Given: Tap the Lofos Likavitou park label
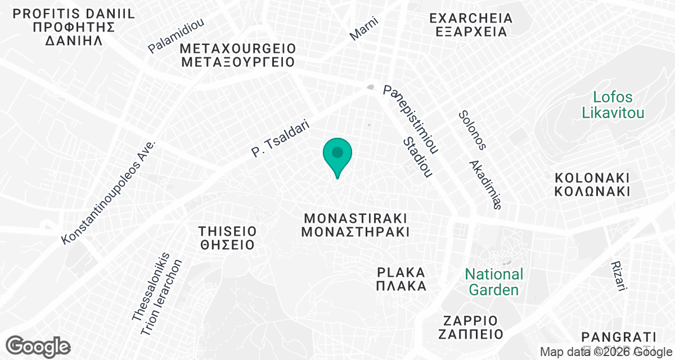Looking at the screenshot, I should [613, 105].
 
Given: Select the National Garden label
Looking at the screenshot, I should [494, 282].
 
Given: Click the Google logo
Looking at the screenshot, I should [38, 345].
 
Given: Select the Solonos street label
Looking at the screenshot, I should [471, 129].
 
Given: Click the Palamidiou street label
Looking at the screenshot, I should [176, 35].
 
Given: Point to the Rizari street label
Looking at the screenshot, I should [618, 276].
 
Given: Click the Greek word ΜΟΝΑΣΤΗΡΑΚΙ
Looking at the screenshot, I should [354, 231].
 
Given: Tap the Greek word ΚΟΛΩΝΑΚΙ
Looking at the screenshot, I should [591, 191].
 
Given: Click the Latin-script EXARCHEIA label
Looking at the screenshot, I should [471, 19].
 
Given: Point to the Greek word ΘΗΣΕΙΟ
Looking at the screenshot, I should [227, 245].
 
